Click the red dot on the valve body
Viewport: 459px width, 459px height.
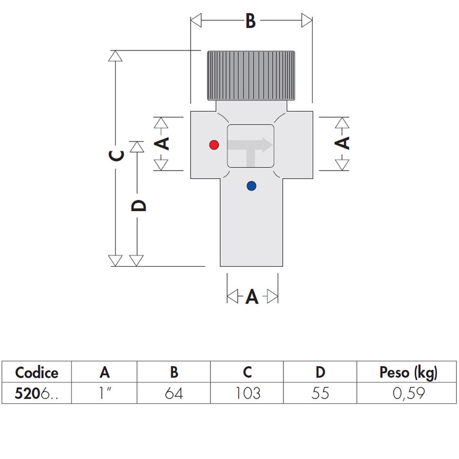214,145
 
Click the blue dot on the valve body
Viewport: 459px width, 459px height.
251,186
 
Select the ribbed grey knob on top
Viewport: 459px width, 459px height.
250,75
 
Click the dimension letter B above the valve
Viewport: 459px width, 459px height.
250,21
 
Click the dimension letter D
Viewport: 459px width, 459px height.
139,206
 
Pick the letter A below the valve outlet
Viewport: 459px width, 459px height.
252,297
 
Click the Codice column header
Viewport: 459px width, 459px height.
36,373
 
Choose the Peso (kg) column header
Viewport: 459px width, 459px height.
408,373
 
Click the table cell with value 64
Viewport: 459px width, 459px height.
173,393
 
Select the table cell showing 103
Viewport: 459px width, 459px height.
247,393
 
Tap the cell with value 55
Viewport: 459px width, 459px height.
320,393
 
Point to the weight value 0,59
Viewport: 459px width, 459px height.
408,393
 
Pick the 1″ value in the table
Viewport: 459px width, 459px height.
105,393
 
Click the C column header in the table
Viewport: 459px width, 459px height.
247,373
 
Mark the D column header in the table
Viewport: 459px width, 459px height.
320,373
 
